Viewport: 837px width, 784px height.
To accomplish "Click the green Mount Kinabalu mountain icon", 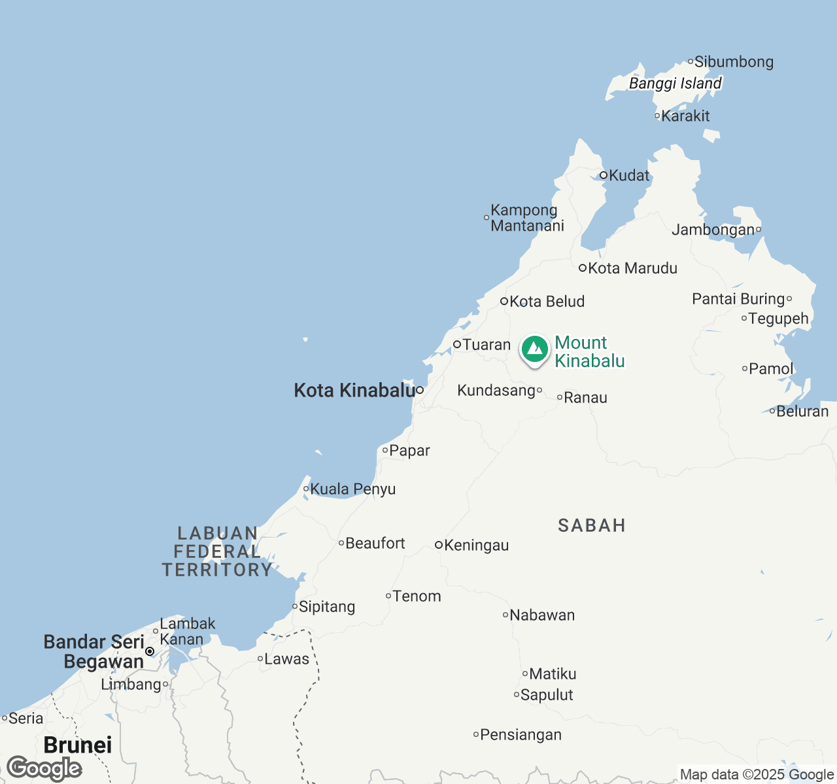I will click(x=535, y=349).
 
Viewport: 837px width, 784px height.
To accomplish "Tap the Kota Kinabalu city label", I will click(x=354, y=391).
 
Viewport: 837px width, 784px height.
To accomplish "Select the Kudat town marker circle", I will click(x=604, y=175).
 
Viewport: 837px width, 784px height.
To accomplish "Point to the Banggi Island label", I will click(x=675, y=84).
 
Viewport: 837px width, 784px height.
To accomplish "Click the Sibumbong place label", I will click(x=734, y=62).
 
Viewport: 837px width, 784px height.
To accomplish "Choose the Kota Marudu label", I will click(x=632, y=269).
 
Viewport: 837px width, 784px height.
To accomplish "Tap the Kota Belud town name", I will click(x=547, y=302).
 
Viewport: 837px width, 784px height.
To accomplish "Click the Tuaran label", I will click(x=487, y=345).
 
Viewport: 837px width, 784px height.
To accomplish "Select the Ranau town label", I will click(x=585, y=398).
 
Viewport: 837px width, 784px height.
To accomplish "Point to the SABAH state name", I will click(x=592, y=526).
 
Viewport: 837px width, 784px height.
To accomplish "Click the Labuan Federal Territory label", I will click(x=217, y=552).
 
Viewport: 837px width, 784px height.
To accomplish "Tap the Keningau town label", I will click(x=476, y=546).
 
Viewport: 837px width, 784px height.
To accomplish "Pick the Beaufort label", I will click(x=375, y=544).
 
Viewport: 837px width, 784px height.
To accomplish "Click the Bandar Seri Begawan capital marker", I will click(x=150, y=651).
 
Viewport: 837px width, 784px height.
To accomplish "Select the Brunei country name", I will click(x=78, y=745).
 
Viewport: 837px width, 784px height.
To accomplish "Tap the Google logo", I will click(x=44, y=768).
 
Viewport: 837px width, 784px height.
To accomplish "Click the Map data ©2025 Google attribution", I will click(x=757, y=775).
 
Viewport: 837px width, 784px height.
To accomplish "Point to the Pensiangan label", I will click(x=521, y=735).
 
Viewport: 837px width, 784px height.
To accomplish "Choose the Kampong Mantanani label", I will click(x=527, y=218).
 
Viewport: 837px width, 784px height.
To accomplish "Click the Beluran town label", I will click(x=802, y=412).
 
